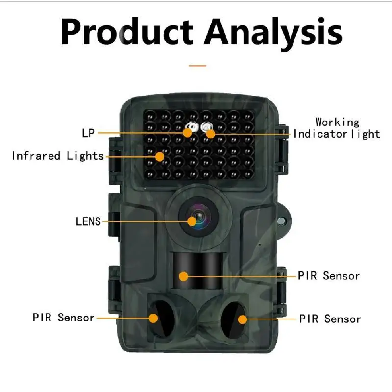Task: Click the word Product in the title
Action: point(127,32)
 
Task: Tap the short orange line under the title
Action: point(197,66)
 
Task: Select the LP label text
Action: point(88,133)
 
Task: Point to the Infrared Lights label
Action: point(58,156)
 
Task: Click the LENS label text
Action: point(88,221)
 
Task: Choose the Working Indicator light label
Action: point(337,128)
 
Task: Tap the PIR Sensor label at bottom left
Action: point(63,318)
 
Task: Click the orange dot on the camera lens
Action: point(192,221)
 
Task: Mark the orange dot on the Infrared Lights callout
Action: point(160,157)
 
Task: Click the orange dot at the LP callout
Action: point(188,133)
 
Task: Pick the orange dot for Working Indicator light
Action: point(211,134)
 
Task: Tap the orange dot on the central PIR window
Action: point(184,276)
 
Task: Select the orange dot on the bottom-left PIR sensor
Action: point(153,318)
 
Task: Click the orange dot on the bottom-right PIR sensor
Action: point(242,319)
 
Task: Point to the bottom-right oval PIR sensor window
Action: point(234,320)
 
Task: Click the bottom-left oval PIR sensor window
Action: point(162,319)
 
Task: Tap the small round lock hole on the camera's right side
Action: point(281,221)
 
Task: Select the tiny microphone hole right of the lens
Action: point(260,245)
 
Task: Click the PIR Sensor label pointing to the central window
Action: point(329,276)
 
